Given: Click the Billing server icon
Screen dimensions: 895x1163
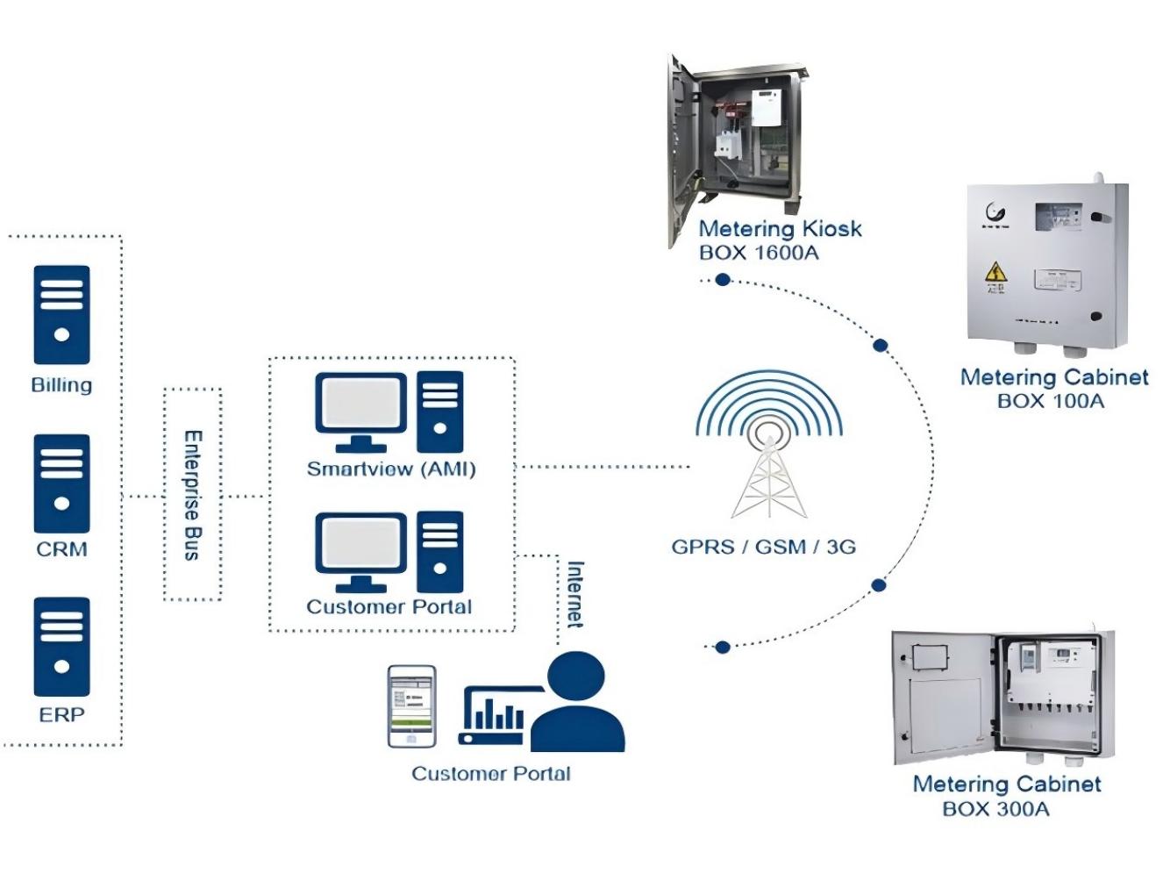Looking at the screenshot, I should (x=61, y=314).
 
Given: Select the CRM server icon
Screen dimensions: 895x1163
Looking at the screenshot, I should (x=61, y=483).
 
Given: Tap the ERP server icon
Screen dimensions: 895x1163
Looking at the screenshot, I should (x=61, y=647).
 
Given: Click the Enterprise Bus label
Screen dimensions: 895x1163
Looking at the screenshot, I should (x=193, y=495).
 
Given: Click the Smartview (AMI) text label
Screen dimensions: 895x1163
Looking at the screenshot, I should (x=391, y=469).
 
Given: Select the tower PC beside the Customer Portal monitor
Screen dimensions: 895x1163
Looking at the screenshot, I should (x=439, y=552).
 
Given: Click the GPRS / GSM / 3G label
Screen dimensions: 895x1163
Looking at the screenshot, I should (x=763, y=547).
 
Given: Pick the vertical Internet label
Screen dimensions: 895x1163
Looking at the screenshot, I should (x=575, y=594).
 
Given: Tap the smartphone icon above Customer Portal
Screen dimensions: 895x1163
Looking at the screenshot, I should (x=411, y=706).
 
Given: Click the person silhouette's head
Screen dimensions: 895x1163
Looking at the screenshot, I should (x=575, y=677).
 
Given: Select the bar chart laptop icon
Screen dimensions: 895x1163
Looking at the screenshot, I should (x=493, y=715).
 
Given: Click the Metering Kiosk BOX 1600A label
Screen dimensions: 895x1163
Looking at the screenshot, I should (x=779, y=240).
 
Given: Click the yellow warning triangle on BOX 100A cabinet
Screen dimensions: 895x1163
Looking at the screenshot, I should (x=995, y=271).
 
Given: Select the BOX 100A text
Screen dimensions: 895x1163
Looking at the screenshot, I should (x=1050, y=401).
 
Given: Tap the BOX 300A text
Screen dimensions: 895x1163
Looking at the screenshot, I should (x=995, y=809).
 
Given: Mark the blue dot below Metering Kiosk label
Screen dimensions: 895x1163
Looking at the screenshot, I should (x=723, y=280).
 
